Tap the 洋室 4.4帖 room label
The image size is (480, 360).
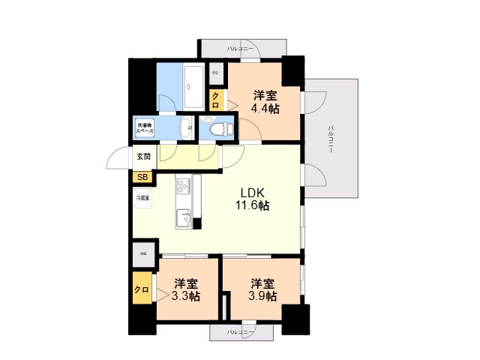[265, 101]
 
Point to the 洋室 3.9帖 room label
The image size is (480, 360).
[263, 289]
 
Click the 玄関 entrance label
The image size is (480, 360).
[143, 157]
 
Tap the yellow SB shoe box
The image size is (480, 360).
[140, 178]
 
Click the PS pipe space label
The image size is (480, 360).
[215, 73]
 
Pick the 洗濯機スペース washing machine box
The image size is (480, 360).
[144, 127]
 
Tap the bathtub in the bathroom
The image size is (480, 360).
[193, 87]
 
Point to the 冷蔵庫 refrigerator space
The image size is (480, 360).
[142, 198]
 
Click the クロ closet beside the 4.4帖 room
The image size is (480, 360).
[215, 99]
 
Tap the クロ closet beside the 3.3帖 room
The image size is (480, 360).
[141, 289]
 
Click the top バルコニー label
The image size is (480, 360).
[240, 48]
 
